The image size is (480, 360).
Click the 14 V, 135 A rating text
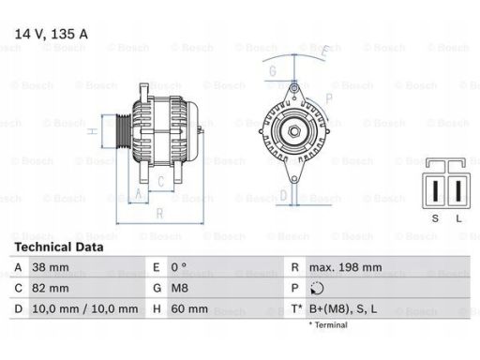[52, 34]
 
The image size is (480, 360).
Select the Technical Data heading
[59, 247]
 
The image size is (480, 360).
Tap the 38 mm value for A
[51, 267]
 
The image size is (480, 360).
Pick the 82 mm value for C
[51, 288]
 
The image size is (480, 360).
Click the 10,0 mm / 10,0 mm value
[85, 309]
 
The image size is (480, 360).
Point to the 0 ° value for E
[179, 267]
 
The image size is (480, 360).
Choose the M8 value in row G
[179, 288]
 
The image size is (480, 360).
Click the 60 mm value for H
[189, 309]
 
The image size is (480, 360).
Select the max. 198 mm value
[345, 267]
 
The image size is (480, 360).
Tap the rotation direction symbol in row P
[317, 288]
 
